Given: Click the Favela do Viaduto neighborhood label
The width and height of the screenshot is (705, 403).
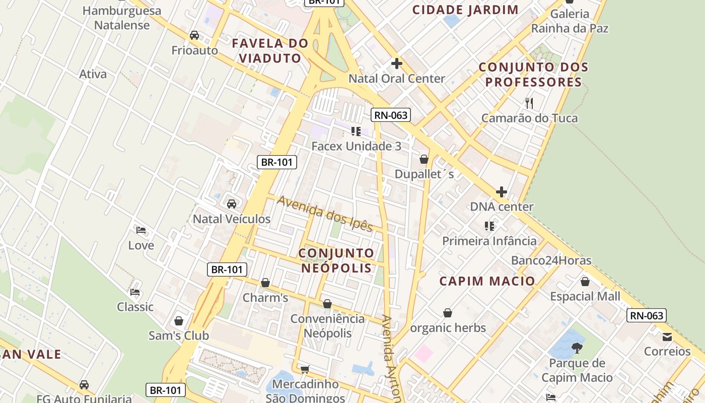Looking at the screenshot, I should [x=270, y=50].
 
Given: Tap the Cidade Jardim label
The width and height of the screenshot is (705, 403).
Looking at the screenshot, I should [x=465, y=10].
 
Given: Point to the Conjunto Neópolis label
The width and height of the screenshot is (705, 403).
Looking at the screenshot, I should [x=337, y=260].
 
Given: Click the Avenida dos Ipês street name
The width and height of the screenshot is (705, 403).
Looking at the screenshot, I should [x=325, y=214].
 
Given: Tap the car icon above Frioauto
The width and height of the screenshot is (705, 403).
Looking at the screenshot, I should [x=194, y=35].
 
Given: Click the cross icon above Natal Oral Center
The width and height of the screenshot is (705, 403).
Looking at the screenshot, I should [x=397, y=63].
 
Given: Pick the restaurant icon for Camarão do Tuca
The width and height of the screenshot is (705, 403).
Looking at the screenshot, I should [x=529, y=103].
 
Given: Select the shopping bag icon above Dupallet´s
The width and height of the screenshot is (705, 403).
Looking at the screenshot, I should [x=424, y=159].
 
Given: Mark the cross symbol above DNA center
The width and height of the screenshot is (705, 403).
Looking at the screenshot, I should [x=502, y=192].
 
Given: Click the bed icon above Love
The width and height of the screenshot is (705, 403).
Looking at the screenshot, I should [x=141, y=230].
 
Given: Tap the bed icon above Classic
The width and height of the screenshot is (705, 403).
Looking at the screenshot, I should [x=135, y=292].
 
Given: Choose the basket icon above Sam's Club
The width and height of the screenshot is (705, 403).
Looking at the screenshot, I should [x=179, y=321].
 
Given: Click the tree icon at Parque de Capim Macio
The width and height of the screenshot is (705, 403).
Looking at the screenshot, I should [x=577, y=348].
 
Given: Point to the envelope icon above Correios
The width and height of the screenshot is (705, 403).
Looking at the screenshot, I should [x=667, y=337].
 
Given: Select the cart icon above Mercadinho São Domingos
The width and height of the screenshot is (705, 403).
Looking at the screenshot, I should [x=305, y=370].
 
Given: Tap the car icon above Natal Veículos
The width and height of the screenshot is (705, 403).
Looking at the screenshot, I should [x=232, y=204].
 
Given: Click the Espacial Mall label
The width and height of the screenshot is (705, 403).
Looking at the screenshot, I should [x=585, y=296].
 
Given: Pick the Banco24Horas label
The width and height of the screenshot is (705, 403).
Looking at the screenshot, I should [x=551, y=260].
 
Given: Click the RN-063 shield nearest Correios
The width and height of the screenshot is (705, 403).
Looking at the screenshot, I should [x=647, y=316].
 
